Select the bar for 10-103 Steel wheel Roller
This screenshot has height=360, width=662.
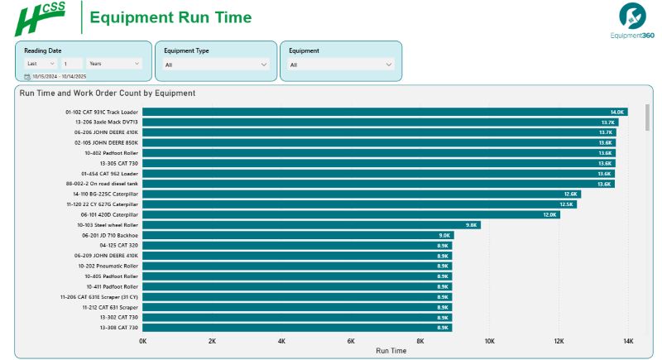coord(310,224)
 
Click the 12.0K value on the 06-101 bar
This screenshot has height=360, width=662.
coord(549,214)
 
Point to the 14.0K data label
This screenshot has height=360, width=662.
coord(616,112)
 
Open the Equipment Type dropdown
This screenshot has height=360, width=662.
coord(216,64)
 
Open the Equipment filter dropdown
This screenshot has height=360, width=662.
coord(340,64)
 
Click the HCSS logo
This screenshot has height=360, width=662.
coord(41,18)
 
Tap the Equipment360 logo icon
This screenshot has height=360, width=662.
coord(632,15)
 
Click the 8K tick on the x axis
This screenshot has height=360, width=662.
coord(420,341)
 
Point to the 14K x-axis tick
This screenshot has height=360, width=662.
coord(628,341)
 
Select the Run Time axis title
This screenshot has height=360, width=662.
coord(391,351)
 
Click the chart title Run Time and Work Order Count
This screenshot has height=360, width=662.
coord(108,94)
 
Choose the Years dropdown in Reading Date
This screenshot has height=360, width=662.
coord(114,63)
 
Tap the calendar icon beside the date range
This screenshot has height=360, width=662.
coord(27,76)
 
